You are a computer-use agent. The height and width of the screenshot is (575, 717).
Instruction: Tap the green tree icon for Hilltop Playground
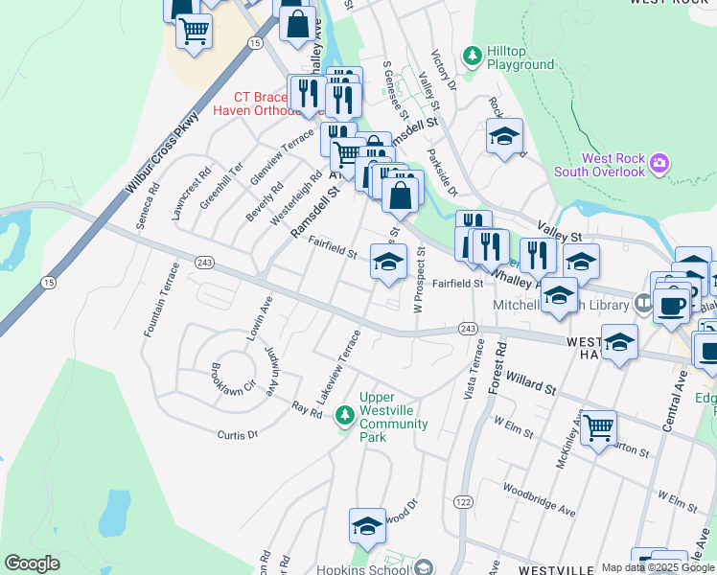click(472, 56)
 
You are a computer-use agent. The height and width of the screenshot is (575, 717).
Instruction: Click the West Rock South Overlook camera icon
click(659, 164)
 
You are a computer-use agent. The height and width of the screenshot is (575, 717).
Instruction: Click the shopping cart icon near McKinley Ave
click(598, 426)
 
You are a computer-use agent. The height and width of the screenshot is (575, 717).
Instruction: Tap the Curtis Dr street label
click(239, 434)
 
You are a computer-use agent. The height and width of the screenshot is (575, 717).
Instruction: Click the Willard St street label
click(525, 383)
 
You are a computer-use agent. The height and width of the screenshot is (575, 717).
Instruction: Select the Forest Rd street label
click(497, 361)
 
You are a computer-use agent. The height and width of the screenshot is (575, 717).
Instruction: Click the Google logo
click(32, 563)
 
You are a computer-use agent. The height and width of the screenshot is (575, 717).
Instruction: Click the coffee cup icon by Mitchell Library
click(671, 305)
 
